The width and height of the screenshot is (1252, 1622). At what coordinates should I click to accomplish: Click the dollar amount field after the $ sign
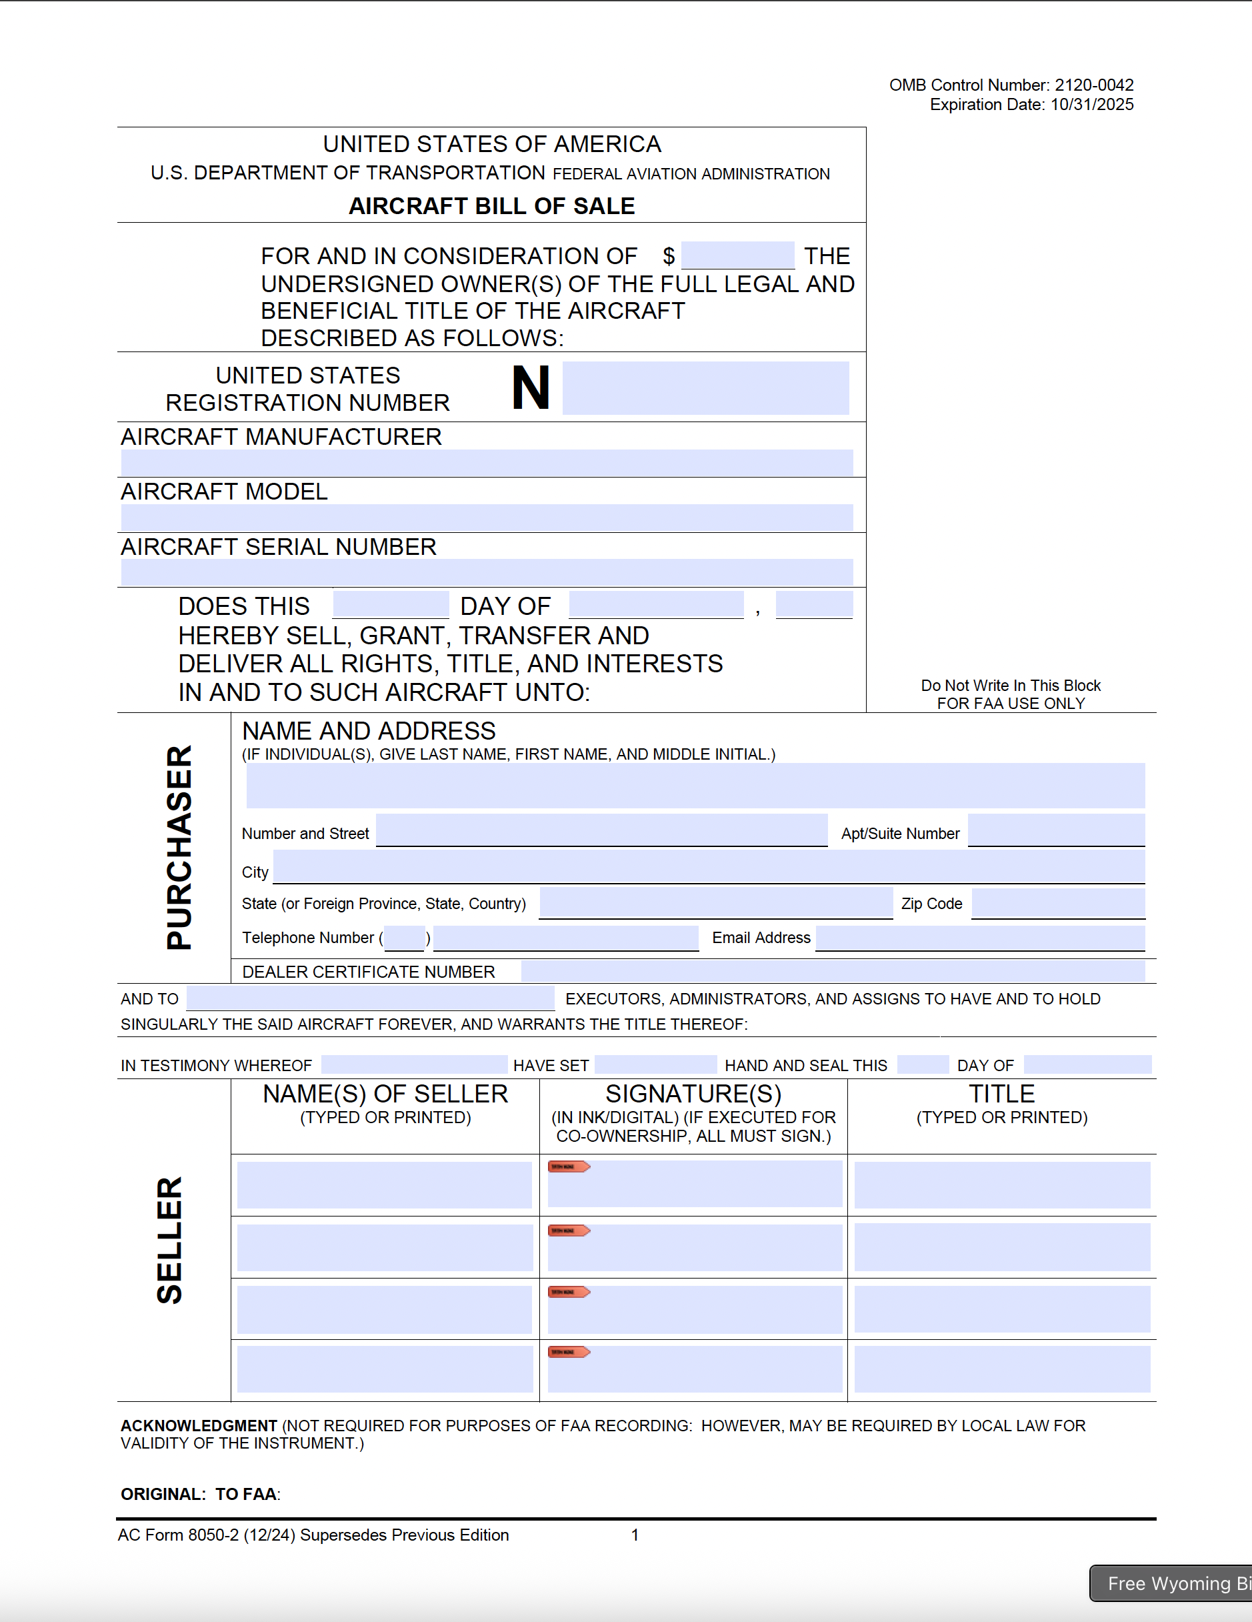tap(737, 255)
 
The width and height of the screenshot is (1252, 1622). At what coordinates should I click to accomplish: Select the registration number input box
tap(705, 388)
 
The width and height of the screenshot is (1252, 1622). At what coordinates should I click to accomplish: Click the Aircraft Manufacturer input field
tap(487, 463)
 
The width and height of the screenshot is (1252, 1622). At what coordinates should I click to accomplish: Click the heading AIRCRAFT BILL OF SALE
tap(491, 205)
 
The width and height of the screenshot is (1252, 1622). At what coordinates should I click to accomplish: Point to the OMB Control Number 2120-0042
tap(1011, 85)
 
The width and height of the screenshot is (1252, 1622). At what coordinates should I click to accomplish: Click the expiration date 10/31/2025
tap(1091, 105)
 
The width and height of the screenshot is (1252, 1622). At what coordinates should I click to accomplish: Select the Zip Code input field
tap(1057, 903)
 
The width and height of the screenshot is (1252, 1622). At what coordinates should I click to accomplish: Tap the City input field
tap(709, 867)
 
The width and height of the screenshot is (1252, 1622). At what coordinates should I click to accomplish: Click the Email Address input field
tap(979, 938)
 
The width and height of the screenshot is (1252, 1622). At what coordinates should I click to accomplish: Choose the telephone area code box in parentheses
tap(405, 938)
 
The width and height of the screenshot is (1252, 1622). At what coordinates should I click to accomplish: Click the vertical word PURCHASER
tap(179, 848)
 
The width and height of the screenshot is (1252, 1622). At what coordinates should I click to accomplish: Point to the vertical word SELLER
tap(169, 1240)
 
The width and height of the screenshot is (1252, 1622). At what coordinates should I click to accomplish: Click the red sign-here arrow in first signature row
tap(569, 1166)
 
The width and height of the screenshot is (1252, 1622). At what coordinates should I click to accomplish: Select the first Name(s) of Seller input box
tap(384, 1184)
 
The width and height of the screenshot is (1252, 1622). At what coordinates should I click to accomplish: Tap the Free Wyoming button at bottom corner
tap(1173, 1583)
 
